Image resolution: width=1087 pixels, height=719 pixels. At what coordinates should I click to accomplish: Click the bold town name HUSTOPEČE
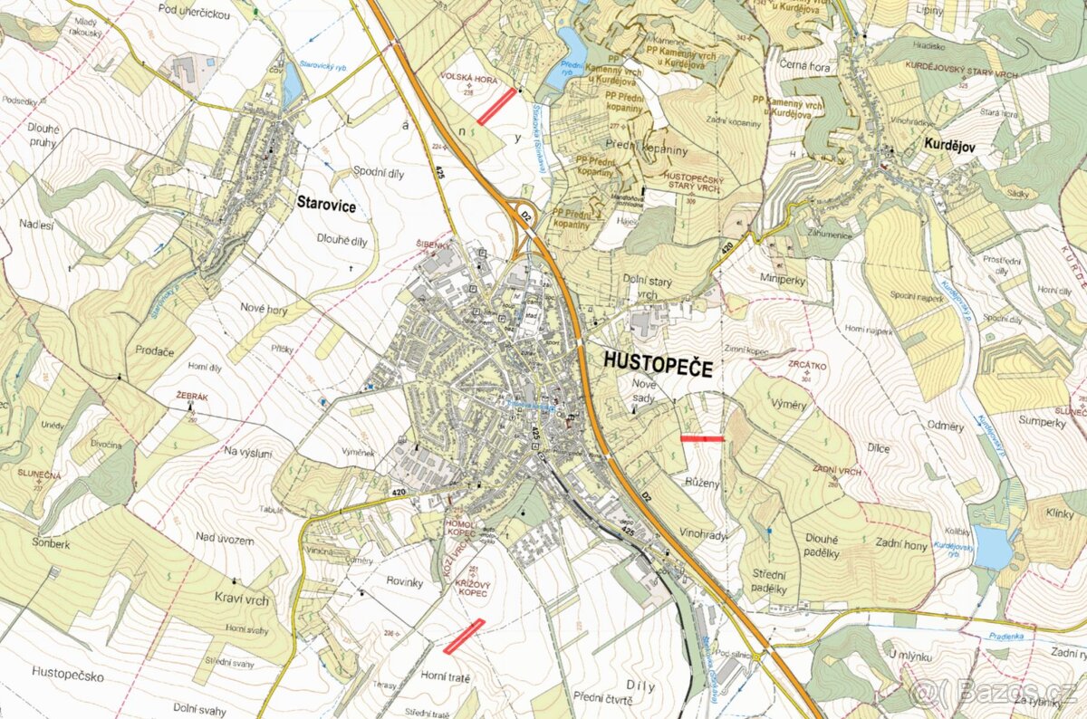click(659, 367)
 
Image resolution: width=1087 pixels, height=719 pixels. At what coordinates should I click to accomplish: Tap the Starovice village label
click(326, 205)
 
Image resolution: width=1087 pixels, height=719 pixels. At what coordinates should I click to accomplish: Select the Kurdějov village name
click(948, 144)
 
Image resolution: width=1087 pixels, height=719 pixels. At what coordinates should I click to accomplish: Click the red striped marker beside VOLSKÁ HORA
click(496, 105)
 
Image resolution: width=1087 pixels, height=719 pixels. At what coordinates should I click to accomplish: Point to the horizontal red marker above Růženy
click(702, 438)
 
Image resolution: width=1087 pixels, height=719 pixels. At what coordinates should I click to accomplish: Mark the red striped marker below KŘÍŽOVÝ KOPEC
click(464, 636)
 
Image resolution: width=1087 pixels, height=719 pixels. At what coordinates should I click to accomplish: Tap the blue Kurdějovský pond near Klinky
click(993, 547)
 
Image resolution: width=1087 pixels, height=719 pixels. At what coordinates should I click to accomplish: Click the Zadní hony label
click(901, 543)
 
